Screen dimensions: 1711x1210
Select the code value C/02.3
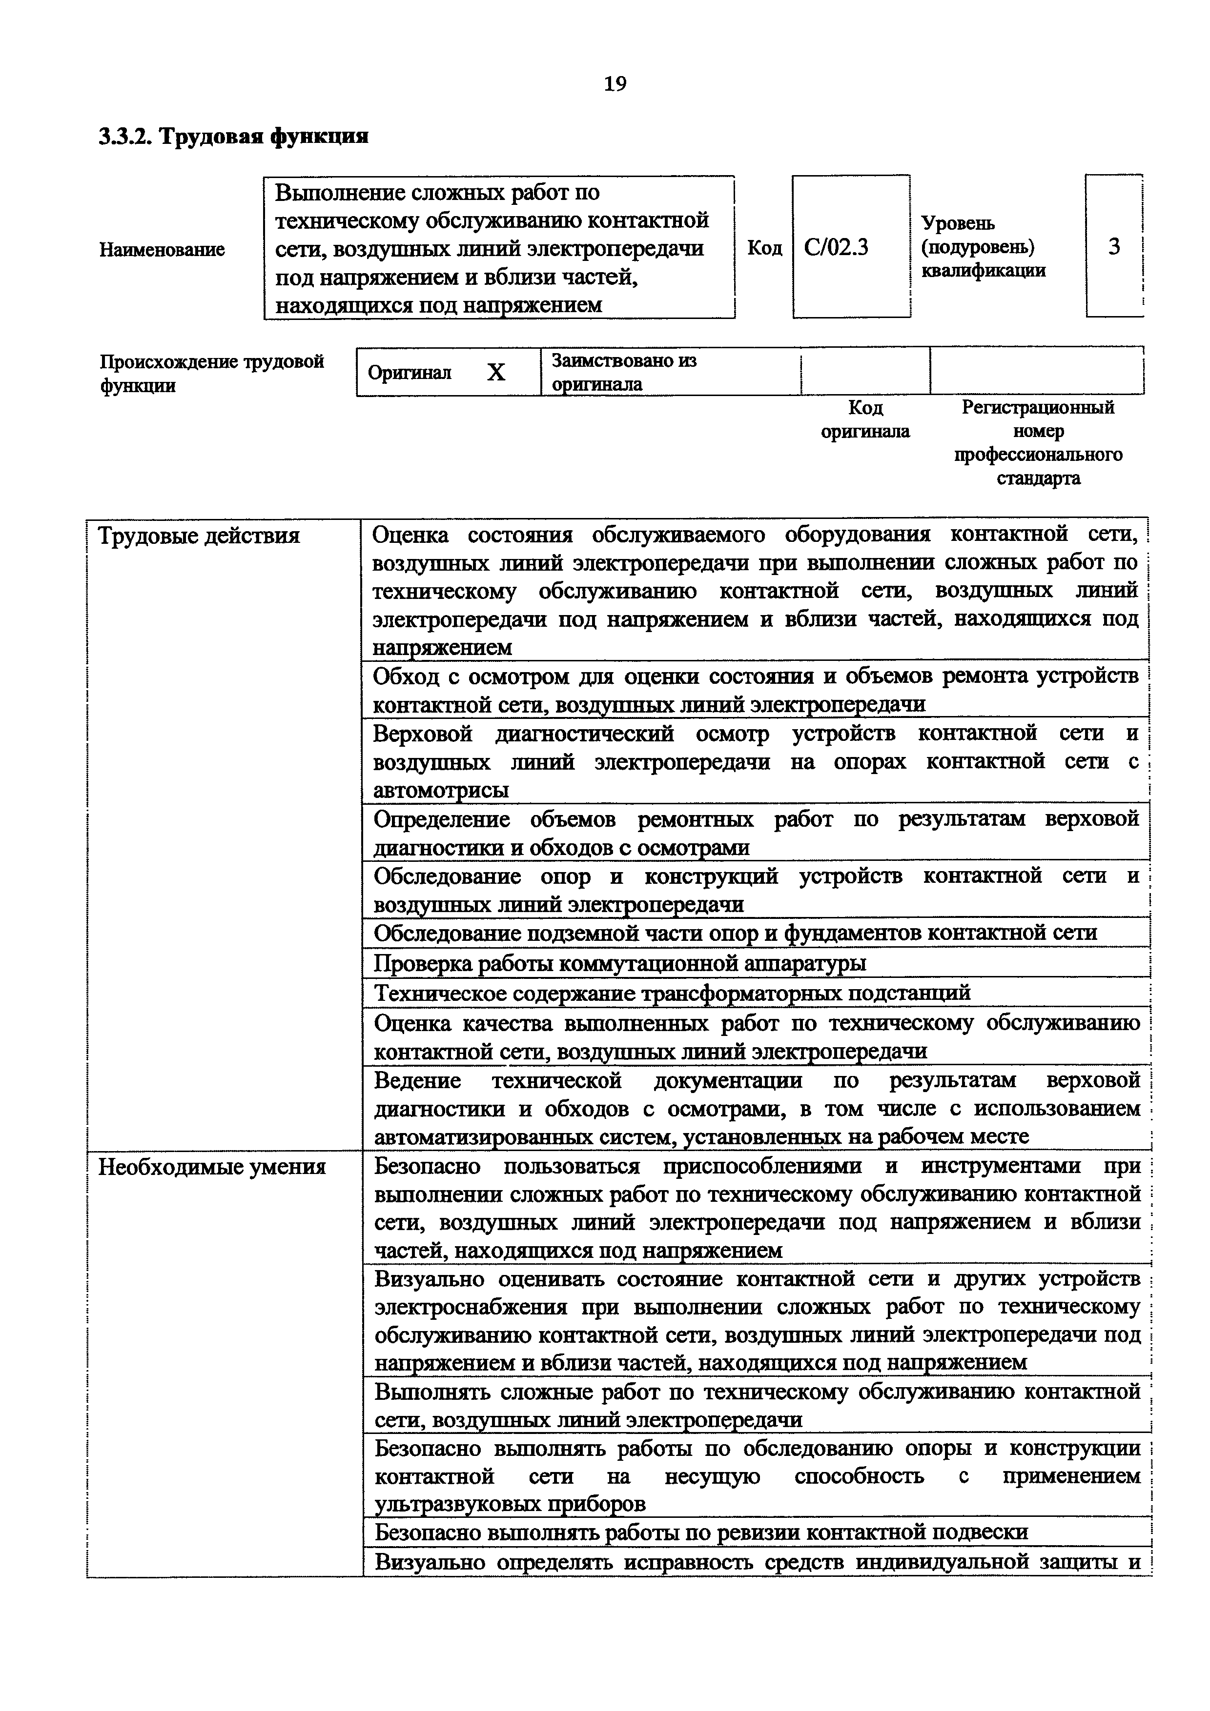(837, 247)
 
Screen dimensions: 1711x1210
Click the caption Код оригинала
(865, 419)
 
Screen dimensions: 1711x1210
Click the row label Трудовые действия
(199, 536)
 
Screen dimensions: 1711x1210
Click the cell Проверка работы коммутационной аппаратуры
(619, 964)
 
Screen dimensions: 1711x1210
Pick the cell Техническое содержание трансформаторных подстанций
(671, 994)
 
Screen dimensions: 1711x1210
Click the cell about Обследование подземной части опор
(735, 933)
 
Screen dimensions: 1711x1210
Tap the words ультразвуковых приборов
(509, 1504)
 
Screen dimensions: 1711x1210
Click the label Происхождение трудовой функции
(212, 373)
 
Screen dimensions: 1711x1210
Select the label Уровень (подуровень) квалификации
(983, 247)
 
